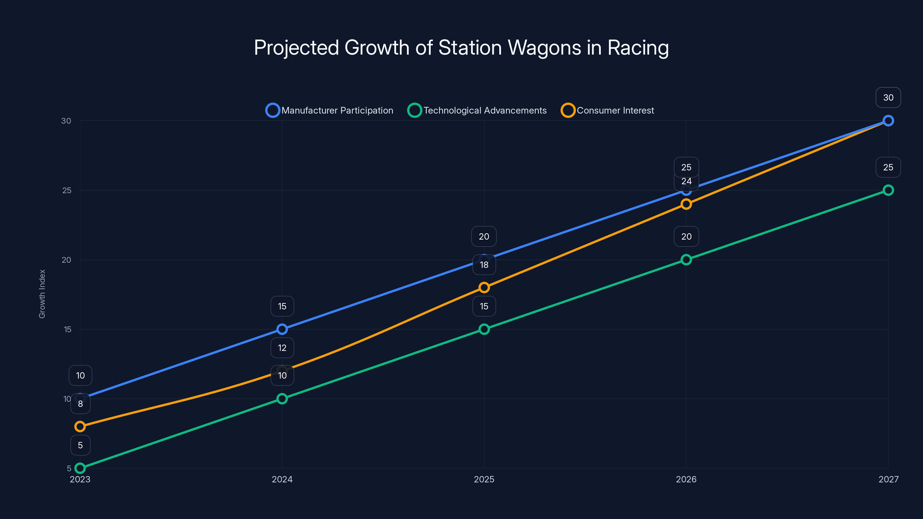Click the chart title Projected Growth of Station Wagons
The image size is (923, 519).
coord(461,48)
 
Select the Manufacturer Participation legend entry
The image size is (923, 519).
coord(330,110)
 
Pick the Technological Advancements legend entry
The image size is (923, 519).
coord(477,110)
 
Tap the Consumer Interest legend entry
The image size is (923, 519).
coord(608,110)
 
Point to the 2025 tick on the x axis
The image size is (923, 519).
coord(484,479)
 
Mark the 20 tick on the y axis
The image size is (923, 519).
coord(66,260)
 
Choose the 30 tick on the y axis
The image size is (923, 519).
coord(66,121)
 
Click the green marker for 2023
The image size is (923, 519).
coord(80,468)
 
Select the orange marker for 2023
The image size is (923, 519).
coord(80,426)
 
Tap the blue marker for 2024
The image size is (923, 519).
coord(282,329)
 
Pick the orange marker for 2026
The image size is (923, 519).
coord(686,204)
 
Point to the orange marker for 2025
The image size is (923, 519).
coord(484,287)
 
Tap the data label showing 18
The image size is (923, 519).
coord(484,265)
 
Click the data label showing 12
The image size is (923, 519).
coord(282,348)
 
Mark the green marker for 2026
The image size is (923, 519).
coord(686,260)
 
